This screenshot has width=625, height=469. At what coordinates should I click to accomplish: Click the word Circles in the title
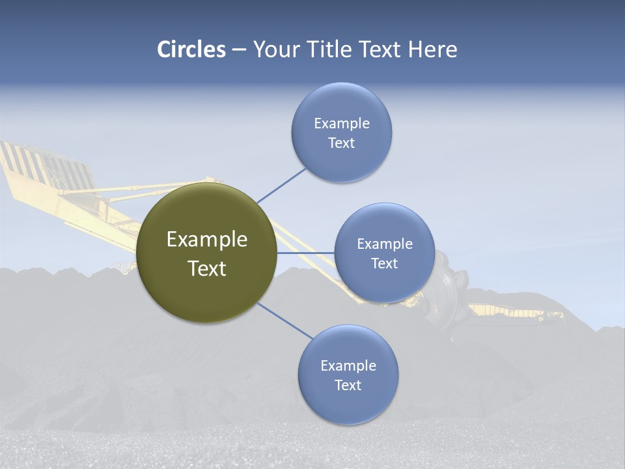[191, 50]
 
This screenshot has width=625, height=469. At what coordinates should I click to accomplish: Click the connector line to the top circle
[281, 185]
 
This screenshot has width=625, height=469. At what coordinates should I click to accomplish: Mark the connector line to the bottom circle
[285, 321]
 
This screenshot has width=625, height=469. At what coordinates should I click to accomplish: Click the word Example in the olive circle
[207, 240]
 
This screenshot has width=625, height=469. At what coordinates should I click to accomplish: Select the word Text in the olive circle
[207, 268]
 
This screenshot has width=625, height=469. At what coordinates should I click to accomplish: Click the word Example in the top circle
[341, 123]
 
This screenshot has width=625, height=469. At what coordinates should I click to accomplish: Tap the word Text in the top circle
[341, 143]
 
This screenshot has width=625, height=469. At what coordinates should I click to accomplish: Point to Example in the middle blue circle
[384, 244]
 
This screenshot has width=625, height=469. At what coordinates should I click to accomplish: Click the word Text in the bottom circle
[348, 385]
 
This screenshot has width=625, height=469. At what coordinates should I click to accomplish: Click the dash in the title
[239, 50]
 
